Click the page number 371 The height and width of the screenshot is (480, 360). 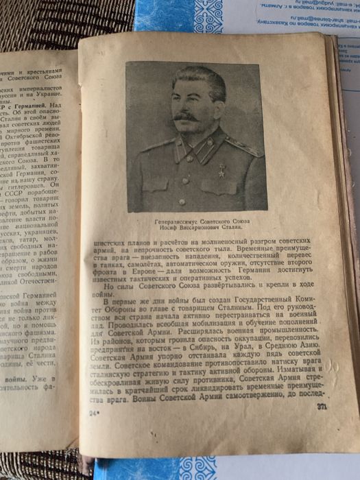pos(322,427)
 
